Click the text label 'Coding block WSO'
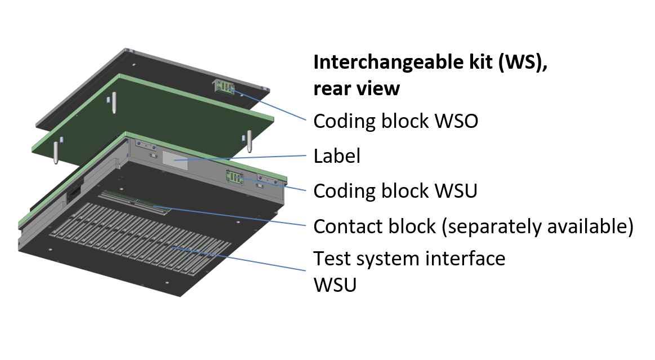[395, 121]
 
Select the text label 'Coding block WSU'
[395, 191]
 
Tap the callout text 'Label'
[336, 156]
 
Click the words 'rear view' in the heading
[357, 88]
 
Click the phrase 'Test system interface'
[409, 259]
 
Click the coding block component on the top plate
[224, 87]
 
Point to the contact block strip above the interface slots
[135, 202]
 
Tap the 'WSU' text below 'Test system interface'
[335, 285]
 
